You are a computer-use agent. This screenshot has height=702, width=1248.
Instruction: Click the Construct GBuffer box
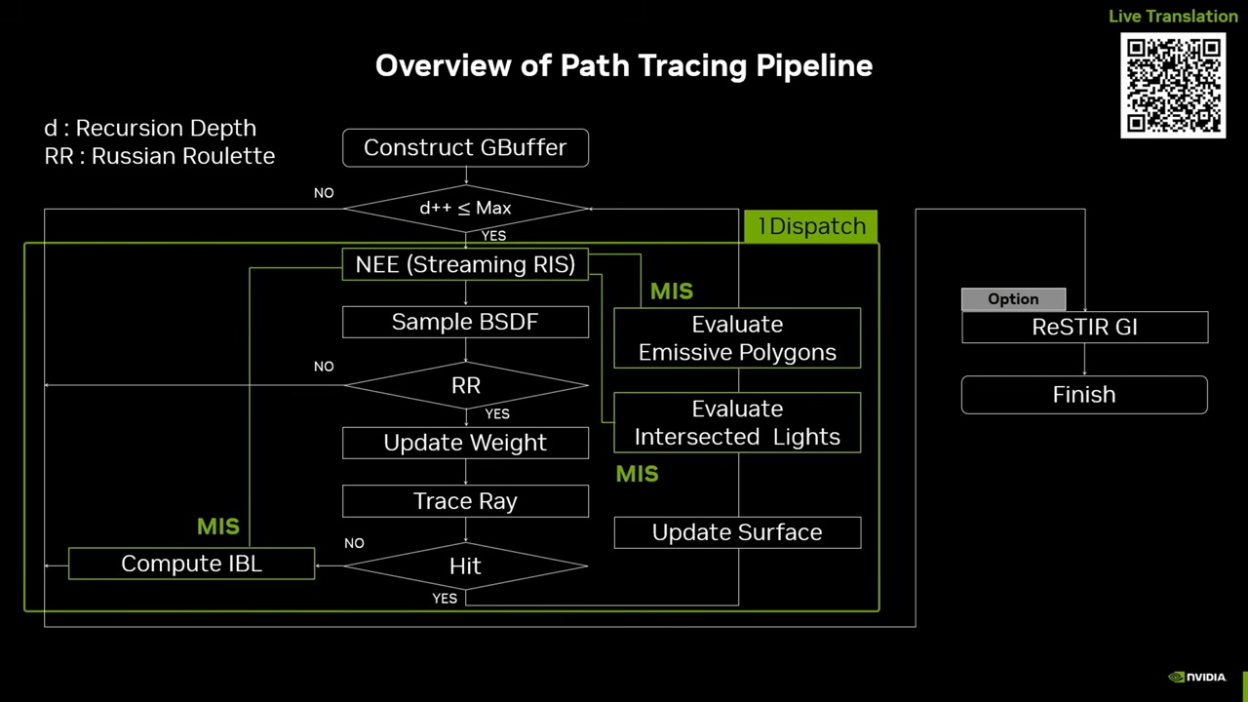tap(465, 147)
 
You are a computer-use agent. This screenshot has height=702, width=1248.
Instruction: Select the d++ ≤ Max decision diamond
tap(465, 208)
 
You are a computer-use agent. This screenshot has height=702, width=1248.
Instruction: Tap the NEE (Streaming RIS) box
tap(465, 264)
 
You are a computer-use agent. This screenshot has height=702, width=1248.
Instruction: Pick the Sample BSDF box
tap(465, 322)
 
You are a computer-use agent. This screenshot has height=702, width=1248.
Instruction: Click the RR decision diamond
tap(465, 385)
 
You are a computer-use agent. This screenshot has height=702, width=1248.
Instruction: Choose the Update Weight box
tap(465, 443)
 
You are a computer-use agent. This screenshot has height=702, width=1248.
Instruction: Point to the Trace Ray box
tap(465, 501)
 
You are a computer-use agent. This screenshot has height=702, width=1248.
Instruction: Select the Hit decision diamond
tap(465, 565)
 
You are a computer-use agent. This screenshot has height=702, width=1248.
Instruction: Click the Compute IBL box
tap(191, 564)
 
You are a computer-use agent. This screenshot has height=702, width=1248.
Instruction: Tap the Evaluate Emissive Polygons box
tap(737, 338)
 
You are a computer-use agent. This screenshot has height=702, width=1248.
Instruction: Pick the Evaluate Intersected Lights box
tap(737, 422)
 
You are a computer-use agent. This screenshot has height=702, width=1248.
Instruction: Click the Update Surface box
tap(737, 532)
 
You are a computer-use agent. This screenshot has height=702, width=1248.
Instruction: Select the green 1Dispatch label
tap(810, 226)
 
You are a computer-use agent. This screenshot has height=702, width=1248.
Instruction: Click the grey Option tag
tap(1013, 299)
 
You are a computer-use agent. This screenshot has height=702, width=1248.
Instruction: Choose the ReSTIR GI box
tap(1084, 328)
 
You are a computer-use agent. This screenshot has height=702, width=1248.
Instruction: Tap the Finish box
tap(1084, 395)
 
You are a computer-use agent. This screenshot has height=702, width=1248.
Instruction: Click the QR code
tap(1173, 86)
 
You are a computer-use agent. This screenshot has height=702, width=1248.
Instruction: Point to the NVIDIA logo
tap(1197, 678)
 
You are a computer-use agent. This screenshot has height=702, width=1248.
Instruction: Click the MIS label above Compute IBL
tap(217, 526)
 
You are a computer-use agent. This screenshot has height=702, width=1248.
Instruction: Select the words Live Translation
tap(1173, 17)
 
